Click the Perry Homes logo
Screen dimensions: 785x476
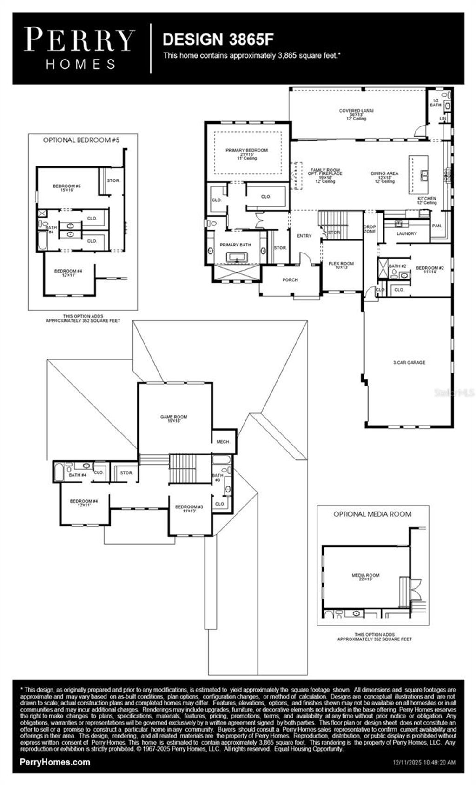tap(80, 48)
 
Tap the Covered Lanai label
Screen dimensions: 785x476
tap(356, 111)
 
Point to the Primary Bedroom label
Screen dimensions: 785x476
tap(246, 151)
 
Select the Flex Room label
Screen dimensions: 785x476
tap(341, 264)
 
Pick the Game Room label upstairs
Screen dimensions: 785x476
tap(174, 417)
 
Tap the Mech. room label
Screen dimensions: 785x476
tap(223, 442)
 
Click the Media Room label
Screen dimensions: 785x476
tap(365, 575)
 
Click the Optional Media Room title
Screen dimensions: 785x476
tap(372, 514)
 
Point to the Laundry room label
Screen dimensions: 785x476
tap(407, 234)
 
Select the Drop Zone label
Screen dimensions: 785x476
tap(370, 229)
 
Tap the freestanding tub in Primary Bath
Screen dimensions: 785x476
tap(238, 257)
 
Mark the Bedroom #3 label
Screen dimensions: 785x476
tap(189, 507)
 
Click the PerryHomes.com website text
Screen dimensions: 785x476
tap(55, 762)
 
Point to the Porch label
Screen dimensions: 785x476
tap(290, 280)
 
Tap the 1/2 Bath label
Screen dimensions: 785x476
tap(436, 103)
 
